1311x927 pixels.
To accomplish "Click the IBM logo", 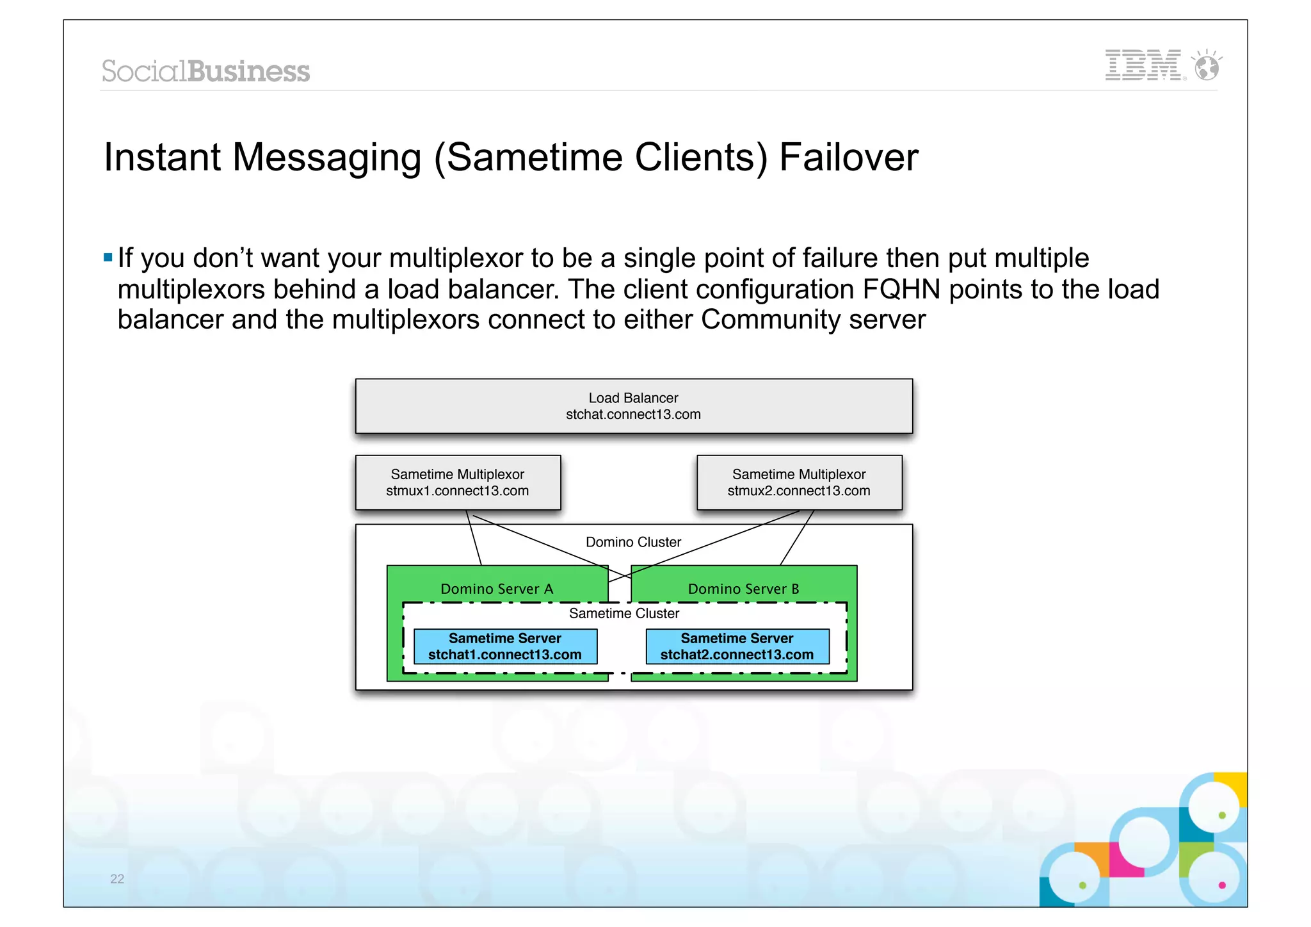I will (x=1143, y=65).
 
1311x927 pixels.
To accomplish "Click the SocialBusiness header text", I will (x=205, y=71).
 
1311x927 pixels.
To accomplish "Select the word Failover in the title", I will (x=848, y=158).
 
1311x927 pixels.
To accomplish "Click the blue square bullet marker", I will (x=108, y=258).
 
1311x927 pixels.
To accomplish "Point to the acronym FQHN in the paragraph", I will (x=901, y=290).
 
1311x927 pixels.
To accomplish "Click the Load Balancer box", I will (x=634, y=406).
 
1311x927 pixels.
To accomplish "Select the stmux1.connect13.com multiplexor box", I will (x=458, y=482).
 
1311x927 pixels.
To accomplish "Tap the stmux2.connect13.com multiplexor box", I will (x=799, y=482).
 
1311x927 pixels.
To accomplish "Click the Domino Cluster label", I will (x=633, y=542).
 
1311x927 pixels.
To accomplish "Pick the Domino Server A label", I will (x=497, y=589).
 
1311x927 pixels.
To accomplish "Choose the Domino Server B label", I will (x=743, y=589).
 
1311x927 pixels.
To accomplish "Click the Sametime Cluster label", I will (x=624, y=614).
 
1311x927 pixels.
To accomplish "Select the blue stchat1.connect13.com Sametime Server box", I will (x=505, y=646).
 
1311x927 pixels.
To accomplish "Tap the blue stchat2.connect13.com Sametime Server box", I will (x=737, y=646).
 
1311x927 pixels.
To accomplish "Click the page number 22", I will (x=117, y=879).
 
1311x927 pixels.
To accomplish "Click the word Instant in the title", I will (x=162, y=158).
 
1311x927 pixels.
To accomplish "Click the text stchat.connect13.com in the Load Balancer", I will (x=633, y=414).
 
